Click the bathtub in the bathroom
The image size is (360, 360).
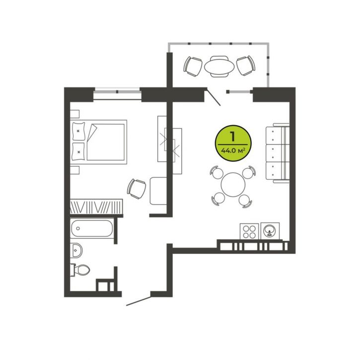[92, 228]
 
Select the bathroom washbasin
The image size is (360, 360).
[76, 250]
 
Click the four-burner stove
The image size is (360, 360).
[249, 232]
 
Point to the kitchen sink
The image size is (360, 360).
[270, 231]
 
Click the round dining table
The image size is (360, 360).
[233, 185]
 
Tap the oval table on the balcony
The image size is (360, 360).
[219, 67]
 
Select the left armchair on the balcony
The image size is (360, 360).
[193, 67]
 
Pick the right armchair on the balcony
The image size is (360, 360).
[246, 66]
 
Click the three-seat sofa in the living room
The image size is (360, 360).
[278, 153]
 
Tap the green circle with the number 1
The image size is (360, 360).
[233, 144]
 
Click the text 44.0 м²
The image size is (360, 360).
[232, 151]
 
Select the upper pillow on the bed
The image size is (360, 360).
[78, 131]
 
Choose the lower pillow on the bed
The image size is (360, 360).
[78, 151]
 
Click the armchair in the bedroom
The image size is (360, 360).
[137, 189]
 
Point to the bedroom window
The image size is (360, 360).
[117, 94]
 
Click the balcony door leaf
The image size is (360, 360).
[214, 97]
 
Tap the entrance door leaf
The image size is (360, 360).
[139, 301]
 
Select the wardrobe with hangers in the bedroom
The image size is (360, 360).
[96, 207]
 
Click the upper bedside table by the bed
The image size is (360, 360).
[75, 114]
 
